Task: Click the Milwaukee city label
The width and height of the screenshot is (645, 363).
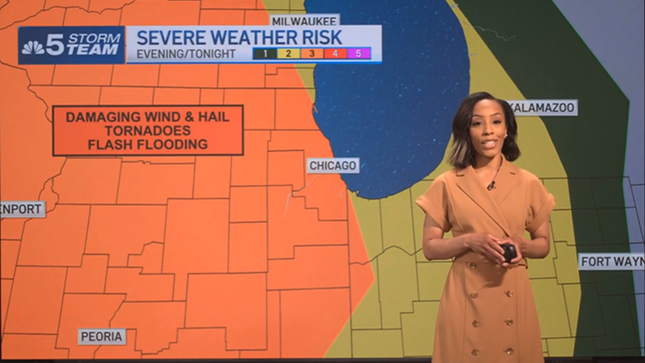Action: [x=305, y=21]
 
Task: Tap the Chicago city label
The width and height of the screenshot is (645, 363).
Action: [x=333, y=166]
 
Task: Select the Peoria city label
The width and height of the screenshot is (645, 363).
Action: [x=102, y=337]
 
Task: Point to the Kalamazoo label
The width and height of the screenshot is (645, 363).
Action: [x=542, y=108]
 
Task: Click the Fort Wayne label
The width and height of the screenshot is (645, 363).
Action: [x=612, y=262]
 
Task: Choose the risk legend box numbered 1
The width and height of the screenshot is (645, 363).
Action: [x=265, y=53]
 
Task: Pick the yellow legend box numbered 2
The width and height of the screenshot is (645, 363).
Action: [x=289, y=53]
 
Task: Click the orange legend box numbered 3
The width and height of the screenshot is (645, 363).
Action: [x=312, y=53]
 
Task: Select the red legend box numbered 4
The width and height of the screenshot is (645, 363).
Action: [x=335, y=53]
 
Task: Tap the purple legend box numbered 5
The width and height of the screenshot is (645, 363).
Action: [x=359, y=53]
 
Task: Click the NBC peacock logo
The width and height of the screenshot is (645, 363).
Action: [x=33, y=47]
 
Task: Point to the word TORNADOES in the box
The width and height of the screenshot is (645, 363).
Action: [x=148, y=130]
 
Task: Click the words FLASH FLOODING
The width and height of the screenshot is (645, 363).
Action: [x=148, y=144]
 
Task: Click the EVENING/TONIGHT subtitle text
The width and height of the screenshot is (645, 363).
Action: [x=186, y=54]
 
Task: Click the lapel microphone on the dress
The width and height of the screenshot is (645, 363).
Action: [x=491, y=186]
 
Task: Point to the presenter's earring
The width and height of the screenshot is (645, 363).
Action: [x=506, y=136]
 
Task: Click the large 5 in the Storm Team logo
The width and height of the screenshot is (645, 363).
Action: [x=55, y=45]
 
